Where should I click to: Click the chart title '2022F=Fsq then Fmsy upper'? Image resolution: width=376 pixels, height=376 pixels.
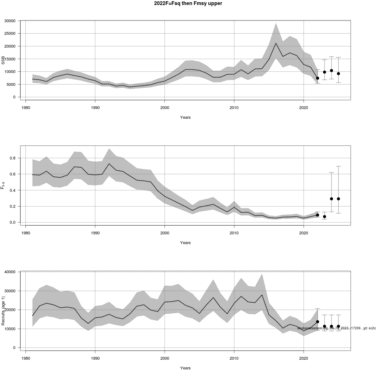click(188, 4)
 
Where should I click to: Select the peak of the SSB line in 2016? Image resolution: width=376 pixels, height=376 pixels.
click(276, 43)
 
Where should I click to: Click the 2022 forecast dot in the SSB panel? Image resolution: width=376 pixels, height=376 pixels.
click(317, 78)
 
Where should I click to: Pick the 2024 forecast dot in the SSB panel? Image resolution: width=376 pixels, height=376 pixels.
click(332, 70)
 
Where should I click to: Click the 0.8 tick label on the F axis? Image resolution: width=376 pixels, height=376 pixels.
click(13, 158)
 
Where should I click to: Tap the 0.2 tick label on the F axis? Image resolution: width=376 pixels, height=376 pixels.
click(13, 206)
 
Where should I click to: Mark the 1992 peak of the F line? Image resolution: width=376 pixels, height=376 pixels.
click(109, 164)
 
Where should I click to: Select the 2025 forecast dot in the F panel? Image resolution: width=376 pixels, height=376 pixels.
click(338, 199)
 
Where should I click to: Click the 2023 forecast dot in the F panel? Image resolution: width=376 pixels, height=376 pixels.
click(325, 217)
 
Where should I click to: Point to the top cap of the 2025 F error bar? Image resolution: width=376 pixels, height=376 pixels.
click(338, 166)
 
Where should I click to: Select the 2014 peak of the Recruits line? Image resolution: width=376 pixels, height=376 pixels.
click(262, 295)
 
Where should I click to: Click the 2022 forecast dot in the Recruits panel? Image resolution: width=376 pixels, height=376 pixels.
click(317, 321)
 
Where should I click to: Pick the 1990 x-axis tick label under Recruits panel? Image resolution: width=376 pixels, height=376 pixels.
click(95, 358)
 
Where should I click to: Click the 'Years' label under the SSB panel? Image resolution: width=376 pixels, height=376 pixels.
click(185, 118)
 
